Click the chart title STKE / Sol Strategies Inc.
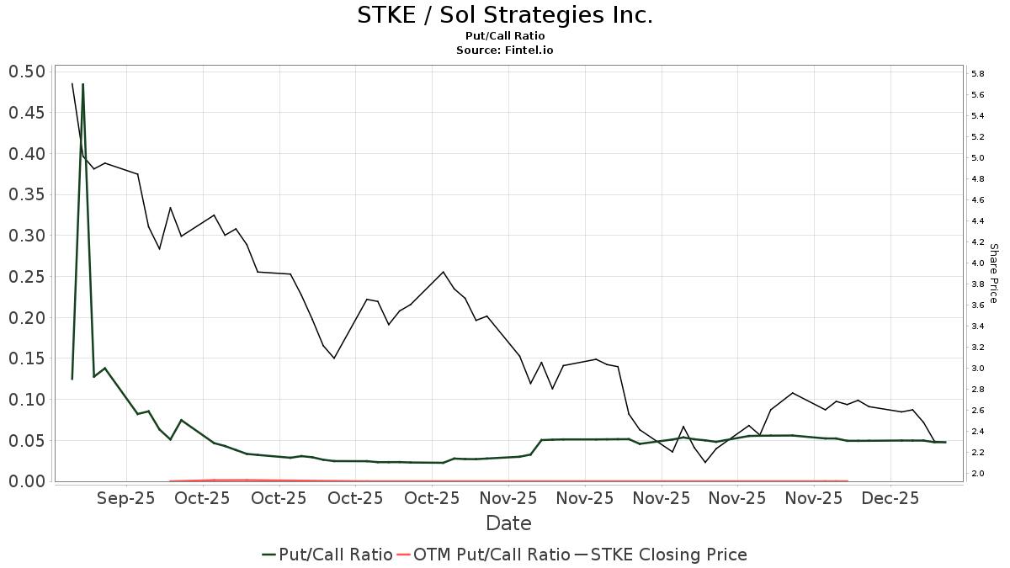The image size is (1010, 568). pos(505,15)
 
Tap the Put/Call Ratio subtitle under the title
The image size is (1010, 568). pos(505,36)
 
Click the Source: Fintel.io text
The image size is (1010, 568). pos(505,50)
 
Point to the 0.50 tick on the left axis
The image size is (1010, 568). pos(26,72)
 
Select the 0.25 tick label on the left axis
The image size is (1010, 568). pos(26,277)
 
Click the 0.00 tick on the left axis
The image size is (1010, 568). pos(26,481)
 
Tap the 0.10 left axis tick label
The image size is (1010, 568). pos(26,400)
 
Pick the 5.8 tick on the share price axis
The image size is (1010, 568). pos(978,74)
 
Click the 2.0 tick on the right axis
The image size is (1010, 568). pos(978,474)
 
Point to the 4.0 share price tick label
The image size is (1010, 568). pos(978,263)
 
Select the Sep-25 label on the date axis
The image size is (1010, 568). pos(126,498)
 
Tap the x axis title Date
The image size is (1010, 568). pos(508,523)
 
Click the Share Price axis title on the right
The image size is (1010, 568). pos(993,273)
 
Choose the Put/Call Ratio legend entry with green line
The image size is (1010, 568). pos(327,555)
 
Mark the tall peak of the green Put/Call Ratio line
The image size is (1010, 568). pos(82,84)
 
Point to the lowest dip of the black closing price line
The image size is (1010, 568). pos(705,462)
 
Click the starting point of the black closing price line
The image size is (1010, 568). pos(72,83)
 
